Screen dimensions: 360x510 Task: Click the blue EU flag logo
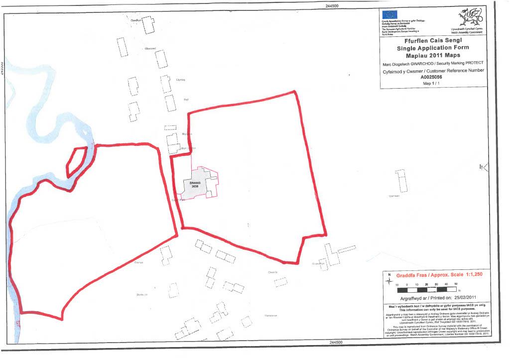click(389, 15)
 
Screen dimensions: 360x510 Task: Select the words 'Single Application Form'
click(433, 48)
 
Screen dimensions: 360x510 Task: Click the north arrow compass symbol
click(389, 282)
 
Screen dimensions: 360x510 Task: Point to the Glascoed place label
click(150, 48)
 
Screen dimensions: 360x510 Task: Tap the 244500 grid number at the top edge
click(331, 5)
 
